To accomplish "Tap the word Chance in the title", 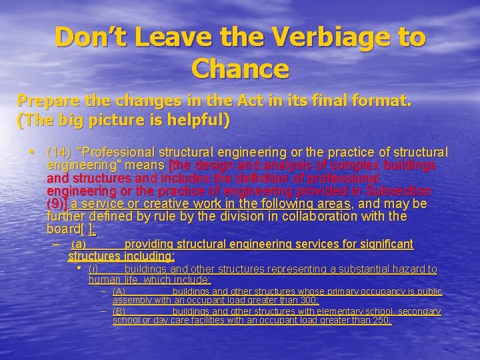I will [x=240, y=68].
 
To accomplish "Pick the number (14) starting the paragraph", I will [x=59, y=152].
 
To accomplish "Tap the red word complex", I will [x=324, y=165].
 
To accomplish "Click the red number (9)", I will [x=57, y=203].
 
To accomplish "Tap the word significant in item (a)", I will [x=382, y=245].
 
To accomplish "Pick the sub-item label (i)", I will [x=93, y=269].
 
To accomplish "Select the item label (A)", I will [x=119, y=292].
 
